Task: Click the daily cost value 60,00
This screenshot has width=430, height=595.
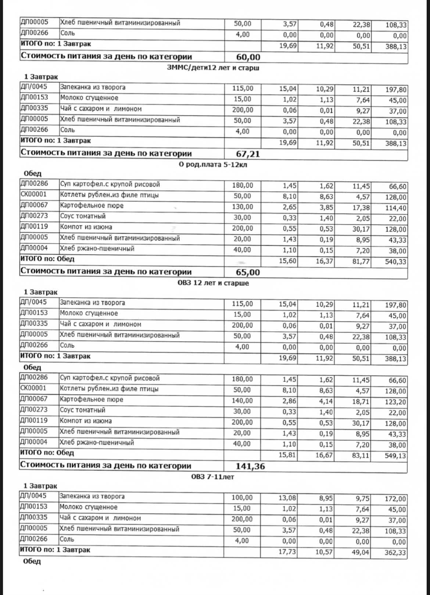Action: click(x=247, y=57)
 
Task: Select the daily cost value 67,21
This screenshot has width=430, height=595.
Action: click(x=247, y=154)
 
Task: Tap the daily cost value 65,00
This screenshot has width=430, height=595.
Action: click(x=247, y=272)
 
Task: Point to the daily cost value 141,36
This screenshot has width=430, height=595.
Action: click(x=250, y=466)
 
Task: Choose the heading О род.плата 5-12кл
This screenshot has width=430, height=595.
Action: click(x=213, y=165)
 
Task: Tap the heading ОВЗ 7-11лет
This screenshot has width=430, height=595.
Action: click(x=213, y=477)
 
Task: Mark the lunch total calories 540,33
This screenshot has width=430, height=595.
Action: click(x=395, y=262)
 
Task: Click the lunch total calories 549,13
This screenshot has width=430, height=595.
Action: click(x=395, y=456)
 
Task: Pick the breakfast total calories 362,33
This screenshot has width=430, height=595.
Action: click(x=395, y=552)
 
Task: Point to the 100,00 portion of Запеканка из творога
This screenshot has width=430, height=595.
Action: click(x=242, y=498)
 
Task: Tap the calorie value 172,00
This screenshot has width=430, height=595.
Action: click(x=395, y=499)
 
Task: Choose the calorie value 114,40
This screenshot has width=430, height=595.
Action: click(x=395, y=208)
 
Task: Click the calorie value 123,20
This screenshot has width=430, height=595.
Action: click(x=395, y=402)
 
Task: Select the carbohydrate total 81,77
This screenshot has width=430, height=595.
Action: click(x=361, y=262)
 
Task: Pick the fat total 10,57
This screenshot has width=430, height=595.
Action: click(x=324, y=552)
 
